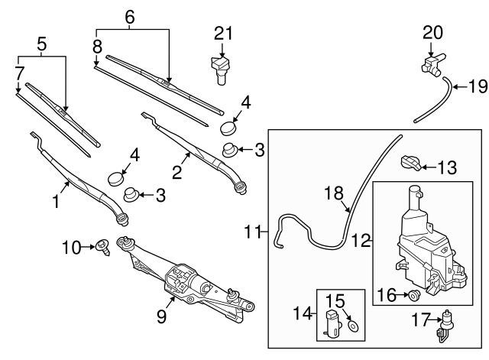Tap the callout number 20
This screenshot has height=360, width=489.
(432, 32)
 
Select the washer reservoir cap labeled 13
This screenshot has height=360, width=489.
(410, 163)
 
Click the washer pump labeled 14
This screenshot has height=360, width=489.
(332, 323)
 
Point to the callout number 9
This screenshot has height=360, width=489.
(161, 315)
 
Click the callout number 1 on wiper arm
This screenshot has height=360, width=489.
(54, 202)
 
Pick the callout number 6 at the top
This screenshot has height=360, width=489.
(128, 15)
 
